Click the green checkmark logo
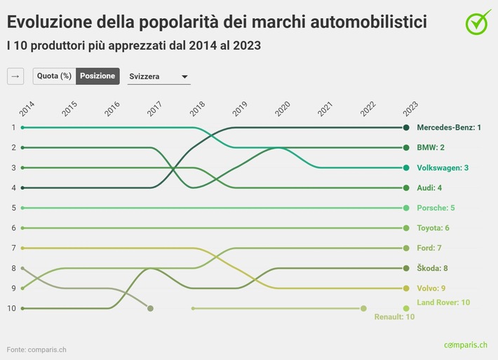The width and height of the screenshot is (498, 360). click(478, 22)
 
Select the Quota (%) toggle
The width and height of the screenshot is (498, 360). click(54, 76)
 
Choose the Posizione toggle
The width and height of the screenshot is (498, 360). click(97, 76)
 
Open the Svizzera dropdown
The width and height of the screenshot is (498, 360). click(159, 76)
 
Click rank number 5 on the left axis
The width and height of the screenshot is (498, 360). click(13, 208)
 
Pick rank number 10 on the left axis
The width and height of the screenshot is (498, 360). click(12, 308)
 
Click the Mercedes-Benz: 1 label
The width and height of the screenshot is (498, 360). click(449, 128)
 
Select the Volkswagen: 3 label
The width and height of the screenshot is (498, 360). click(443, 168)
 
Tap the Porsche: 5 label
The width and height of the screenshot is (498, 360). click(436, 208)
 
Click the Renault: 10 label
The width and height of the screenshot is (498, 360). click(395, 317)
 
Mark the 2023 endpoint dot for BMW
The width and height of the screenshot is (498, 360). click(406, 148)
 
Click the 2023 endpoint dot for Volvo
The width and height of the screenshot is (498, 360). click(406, 288)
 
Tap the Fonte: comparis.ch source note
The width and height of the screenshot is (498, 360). click(37, 349)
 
